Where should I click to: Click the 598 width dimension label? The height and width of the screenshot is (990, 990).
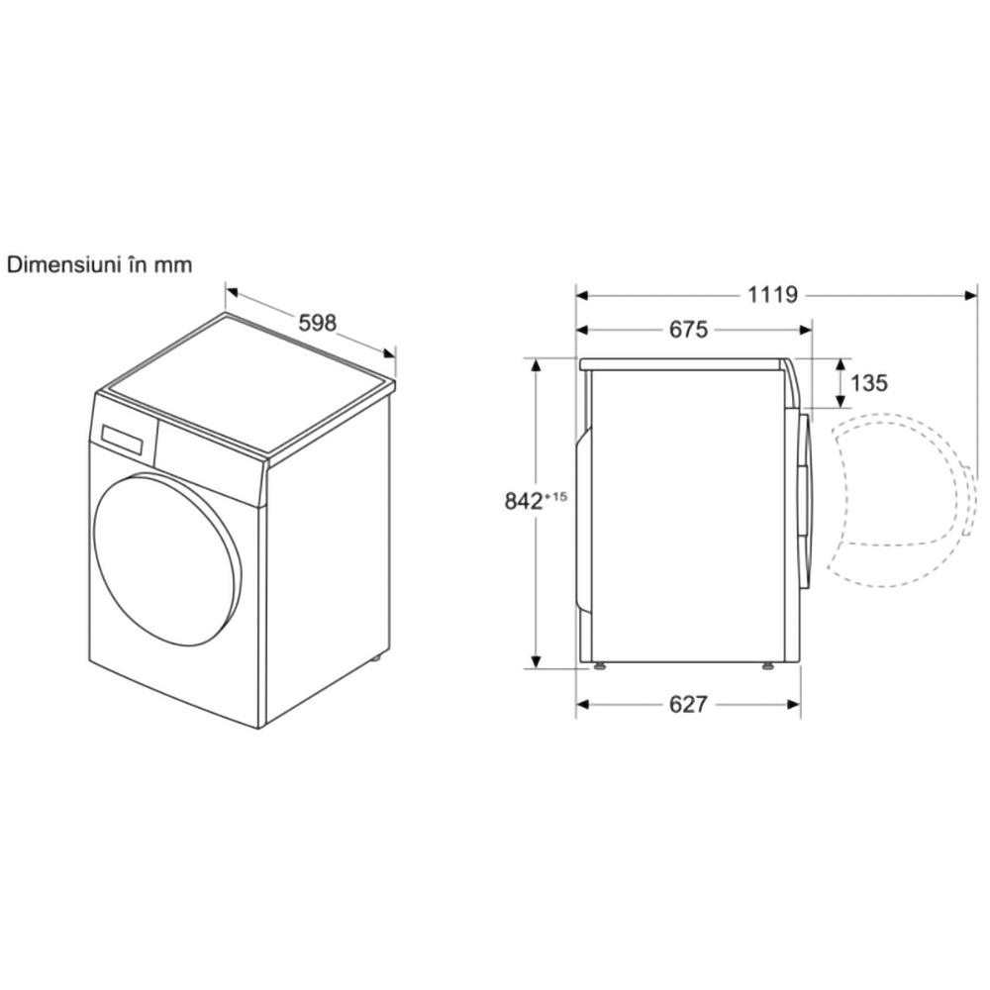(318, 323)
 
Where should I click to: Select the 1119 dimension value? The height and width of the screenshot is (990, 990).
(773, 294)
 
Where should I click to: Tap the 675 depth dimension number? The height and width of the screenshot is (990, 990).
(688, 330)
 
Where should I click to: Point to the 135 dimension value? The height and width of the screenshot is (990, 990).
(869, 382)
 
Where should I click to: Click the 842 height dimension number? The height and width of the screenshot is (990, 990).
(524, 501)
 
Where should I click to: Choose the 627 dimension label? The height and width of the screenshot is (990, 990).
(688, 704)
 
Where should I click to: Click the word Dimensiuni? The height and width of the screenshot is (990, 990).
(63, 264)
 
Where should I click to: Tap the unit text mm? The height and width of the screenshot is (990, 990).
(173, 265)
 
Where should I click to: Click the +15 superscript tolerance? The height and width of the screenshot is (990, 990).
(555, 497)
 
